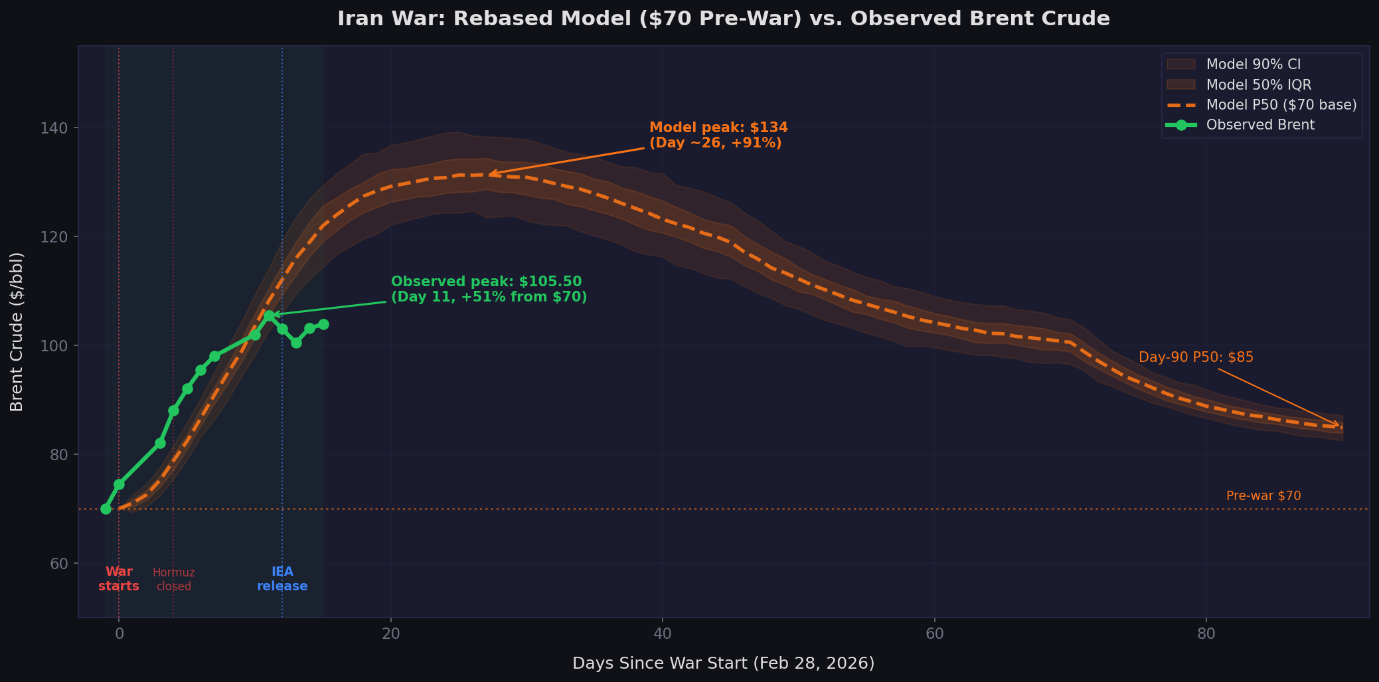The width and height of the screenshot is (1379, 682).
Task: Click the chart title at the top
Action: coord(723,19)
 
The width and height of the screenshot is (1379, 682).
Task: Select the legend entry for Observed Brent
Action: coord(1259,125)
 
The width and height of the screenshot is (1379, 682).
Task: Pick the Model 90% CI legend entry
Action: coord(1253,64)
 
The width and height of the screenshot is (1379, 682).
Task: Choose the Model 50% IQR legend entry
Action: coord(1258,85)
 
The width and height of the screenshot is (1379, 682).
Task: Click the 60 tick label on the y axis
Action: coord(59,563)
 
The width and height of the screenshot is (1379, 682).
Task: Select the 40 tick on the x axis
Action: coord(663,633)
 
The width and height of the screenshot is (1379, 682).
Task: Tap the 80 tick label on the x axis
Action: coord(1206,633)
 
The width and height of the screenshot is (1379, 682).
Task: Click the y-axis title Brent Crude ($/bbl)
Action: coord(17,331)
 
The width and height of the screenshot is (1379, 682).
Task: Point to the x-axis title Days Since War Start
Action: coord(723,663)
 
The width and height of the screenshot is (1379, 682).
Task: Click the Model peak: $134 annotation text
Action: coord(718,135)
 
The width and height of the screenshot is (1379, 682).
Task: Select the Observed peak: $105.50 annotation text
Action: coord(489,289)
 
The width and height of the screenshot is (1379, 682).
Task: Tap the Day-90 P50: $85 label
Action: coord(1196,357)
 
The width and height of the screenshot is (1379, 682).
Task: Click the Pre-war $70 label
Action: coord(1263,496)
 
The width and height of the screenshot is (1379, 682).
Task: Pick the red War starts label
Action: coord(119,579)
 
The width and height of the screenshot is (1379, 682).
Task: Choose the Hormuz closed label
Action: coord(173,579)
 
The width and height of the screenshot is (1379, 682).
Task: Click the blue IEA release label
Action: coord(282,579)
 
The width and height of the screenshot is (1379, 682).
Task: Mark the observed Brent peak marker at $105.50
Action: coord(269,315)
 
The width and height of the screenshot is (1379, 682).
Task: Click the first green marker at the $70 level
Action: coord(106,509)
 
